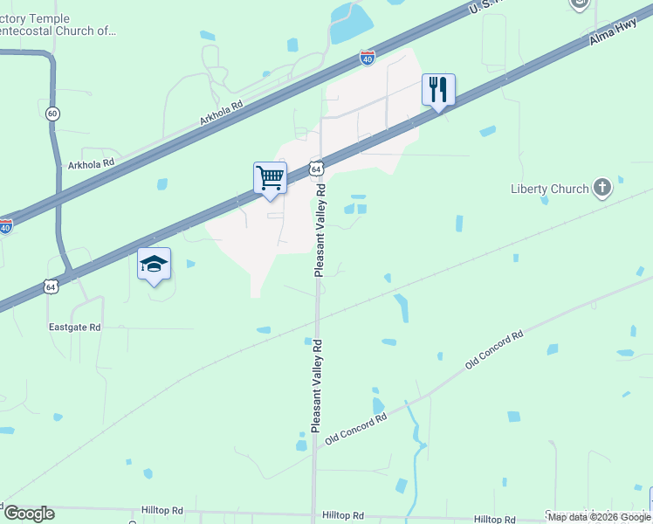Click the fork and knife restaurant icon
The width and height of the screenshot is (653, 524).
point(438,89)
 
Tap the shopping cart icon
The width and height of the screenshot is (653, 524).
point(270,177)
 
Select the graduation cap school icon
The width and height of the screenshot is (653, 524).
point(154,265)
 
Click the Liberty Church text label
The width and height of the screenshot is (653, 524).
point(549,188)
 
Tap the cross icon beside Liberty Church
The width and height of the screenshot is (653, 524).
point(601,187)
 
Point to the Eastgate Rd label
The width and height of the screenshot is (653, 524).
point(74,327)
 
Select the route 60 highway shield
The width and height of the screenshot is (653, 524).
point(53,114)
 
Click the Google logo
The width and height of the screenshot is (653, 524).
point(29,513)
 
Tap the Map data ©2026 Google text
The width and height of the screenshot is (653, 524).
point(599,517)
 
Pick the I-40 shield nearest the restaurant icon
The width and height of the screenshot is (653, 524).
point(368,59)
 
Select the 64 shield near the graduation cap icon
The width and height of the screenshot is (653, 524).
point(51,286)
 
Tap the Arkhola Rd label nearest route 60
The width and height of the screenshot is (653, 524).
point(91,163)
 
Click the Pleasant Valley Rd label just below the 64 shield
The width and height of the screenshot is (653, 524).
point(320,230)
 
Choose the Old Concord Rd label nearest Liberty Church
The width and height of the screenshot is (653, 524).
point(494,348)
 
